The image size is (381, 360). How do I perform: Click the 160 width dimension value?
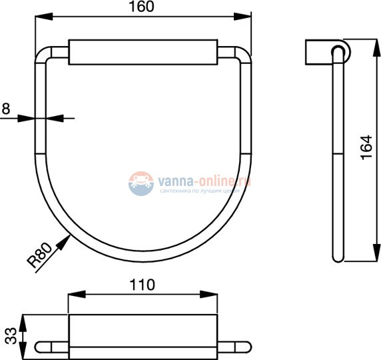point(143,7)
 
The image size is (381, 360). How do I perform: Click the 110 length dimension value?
point(143,285)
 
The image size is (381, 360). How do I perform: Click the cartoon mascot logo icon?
point(141,182)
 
